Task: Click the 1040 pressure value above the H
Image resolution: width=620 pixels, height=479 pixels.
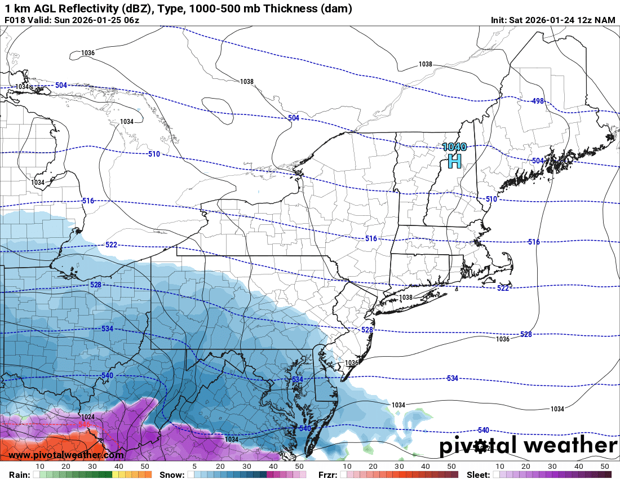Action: pyautogui.click(x=454, y=147)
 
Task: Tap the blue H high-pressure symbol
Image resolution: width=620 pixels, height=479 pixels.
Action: pyautogui.click(x=454, y=162)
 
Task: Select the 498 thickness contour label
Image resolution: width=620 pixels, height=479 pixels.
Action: pyautogui.click(x=538, y=101)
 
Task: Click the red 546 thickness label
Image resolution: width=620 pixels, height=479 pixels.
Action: pyautogui.click(x=85, y=424)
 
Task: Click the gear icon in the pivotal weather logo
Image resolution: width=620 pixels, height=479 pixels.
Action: pyautogui.click(x=481, y=447)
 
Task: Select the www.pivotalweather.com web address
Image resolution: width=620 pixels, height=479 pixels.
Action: pyautogui.click(x=67, y=455)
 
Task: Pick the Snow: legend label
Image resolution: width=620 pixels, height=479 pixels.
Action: pyautogui.click(x=172, y=474)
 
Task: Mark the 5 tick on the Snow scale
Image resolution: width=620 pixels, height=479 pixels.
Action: pyautogui.click(x=194, y=467)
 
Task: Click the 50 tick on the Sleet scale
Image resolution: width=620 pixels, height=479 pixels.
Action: pyautogui.click(x=605, y=467)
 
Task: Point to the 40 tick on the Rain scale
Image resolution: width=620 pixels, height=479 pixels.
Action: pyautogui.click(x=119, y=467)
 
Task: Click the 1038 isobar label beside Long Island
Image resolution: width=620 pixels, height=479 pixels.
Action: pyautogui.click(x=406, y=297)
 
